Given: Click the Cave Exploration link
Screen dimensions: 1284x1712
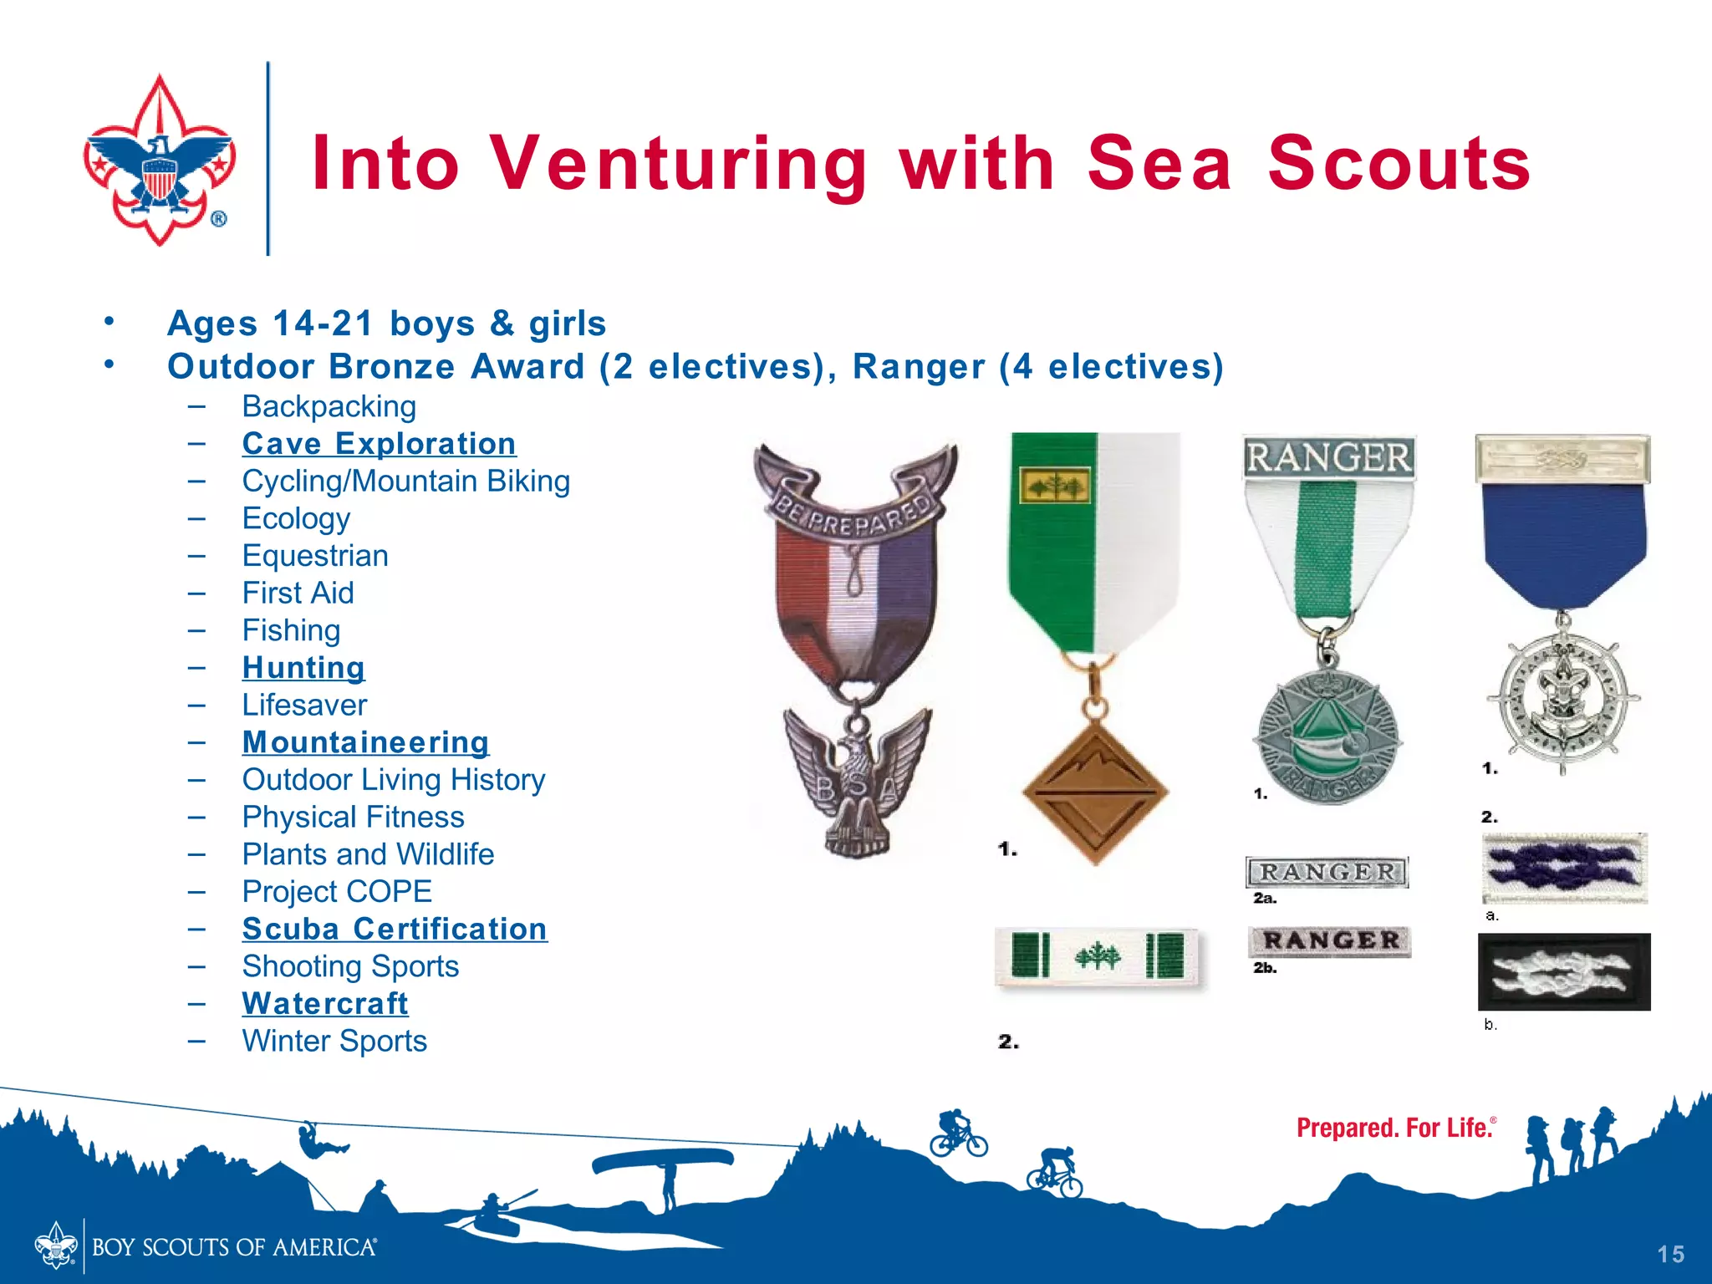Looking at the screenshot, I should point(379,444).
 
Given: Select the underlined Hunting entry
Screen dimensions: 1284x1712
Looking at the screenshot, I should point(303,668).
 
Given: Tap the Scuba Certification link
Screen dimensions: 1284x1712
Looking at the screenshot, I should point(395,930).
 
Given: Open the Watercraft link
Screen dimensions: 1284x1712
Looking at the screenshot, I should point(325,1004).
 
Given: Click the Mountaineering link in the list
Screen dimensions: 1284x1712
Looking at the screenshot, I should point(365,742).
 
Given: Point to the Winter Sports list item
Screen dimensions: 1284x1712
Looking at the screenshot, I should point(334,1042).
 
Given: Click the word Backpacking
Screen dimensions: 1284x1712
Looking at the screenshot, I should point(329,407).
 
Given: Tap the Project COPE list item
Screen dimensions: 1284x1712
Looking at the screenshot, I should point(337,892).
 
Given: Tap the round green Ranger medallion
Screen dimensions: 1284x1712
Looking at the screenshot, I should point(1327,736).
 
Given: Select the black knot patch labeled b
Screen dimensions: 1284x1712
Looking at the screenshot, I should point(1563,972).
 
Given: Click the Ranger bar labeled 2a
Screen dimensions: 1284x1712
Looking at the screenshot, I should point(1327,872).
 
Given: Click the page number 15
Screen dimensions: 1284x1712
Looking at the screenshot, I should point(1670,1254).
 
